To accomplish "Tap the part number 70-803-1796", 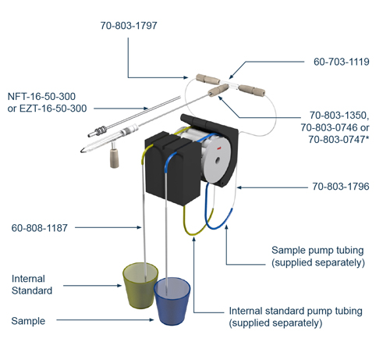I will (340, 187).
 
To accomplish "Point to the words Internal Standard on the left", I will (32, 285).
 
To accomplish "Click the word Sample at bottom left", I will (28, 321).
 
